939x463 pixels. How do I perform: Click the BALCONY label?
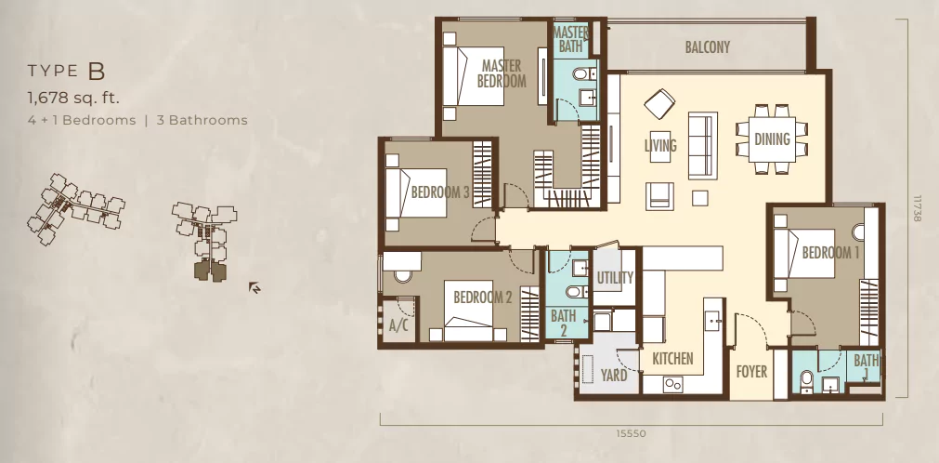tap(707, 47)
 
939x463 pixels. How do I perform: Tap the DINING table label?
tap(772, 139)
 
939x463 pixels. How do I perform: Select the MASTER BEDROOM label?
tap(502, 73)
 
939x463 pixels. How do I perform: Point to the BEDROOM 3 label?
tap(440, 192)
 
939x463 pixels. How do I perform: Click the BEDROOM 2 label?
tap(483, 297)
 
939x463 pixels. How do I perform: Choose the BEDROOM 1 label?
tap(830, 253)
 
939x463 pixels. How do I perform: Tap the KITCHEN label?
tap(672, 359)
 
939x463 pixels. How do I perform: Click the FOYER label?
tap(751, 372)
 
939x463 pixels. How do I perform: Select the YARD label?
tap(614, 376)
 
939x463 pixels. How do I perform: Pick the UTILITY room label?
tap(615, 278)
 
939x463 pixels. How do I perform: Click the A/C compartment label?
tap(398, 326)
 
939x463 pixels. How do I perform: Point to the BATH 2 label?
tap(564, 323)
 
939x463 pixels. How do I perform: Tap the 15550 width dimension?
tap(632, 433)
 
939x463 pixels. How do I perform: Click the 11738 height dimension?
tap(917, 207)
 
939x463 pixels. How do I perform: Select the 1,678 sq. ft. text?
tap(73, 98)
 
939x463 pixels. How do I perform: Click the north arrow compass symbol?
tap(254, 288)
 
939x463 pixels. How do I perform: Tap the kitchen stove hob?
tap(672, 384)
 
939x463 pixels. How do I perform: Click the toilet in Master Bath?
tap(580, 73)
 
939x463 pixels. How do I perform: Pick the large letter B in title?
tap(97, 72)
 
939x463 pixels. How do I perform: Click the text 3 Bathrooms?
tap(202, 120)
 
